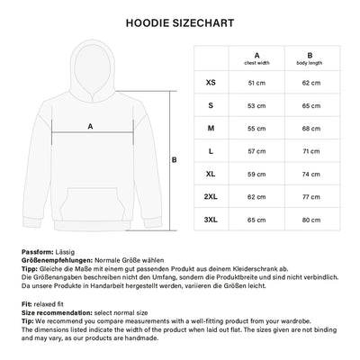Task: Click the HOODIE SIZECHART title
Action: point(179,20)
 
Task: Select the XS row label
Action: point(211,82)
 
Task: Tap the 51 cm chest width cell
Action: point(257,82)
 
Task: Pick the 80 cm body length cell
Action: point(310,219)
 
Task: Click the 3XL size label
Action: point(211,219)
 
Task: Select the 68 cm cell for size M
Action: point(310,127)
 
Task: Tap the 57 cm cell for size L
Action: point(257,150)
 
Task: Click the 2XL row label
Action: point(211,195)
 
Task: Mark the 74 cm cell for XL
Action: point(310,173)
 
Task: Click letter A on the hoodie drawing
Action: point(90,127)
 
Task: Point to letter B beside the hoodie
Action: point(173,160)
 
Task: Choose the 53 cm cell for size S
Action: point(257,104)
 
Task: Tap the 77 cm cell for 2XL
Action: point(310,195)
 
